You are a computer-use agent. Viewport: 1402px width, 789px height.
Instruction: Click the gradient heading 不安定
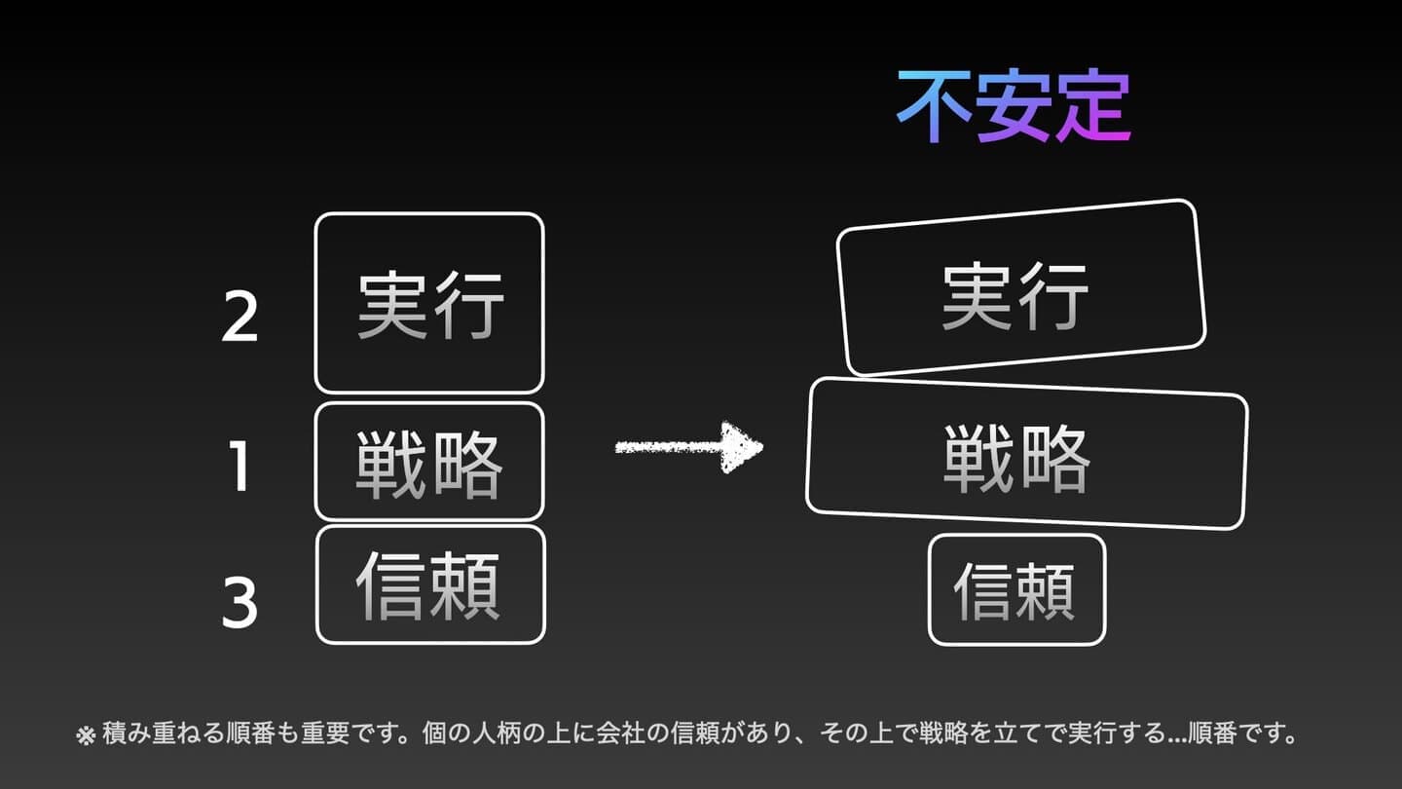[x=1014, y=107]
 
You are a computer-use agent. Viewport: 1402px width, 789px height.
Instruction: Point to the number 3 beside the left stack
[x=240, y=602]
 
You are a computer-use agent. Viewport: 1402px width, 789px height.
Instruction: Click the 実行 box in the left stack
[x=429, y=303]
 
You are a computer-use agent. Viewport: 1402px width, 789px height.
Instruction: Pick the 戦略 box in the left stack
[x=429, y=462]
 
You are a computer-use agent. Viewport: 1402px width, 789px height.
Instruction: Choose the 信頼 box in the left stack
[x=430, y=584]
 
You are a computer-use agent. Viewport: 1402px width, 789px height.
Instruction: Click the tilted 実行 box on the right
[x=1020, y=288]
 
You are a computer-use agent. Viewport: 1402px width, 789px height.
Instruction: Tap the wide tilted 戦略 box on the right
[x=1026, y=454]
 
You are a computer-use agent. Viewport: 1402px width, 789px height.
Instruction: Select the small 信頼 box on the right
[x=1016, y=589]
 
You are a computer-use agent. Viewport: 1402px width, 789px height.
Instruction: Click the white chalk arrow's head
[x=742, y=447]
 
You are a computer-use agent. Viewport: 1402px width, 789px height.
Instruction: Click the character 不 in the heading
[x=934, y=107]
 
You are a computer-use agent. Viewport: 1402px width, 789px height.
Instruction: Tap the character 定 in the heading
[x=1092, y=107]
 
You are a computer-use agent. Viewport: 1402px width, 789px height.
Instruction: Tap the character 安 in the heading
[x=1013, y=107]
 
